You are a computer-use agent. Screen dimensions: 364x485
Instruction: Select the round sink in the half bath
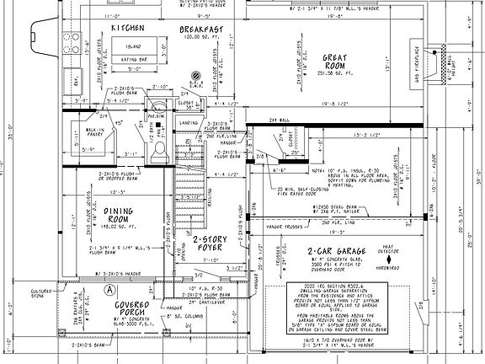pos(157,106)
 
